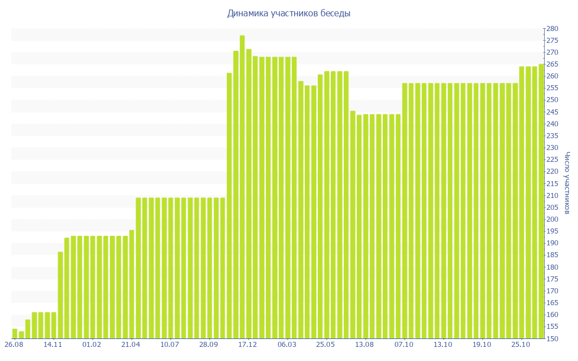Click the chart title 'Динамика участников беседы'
[288, 13]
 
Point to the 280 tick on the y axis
[552, 29]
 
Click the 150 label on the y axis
[552, 339]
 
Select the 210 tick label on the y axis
[552, 196]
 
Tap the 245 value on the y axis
[552, 112]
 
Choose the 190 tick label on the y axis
[552, 243]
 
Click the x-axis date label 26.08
[15, 345]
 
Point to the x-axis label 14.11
[54, 345]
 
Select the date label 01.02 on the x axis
[93, 345]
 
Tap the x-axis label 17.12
[248, 345]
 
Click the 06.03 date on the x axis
[287, 345]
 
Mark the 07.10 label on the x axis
[404, 345]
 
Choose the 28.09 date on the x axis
[209, 345]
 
